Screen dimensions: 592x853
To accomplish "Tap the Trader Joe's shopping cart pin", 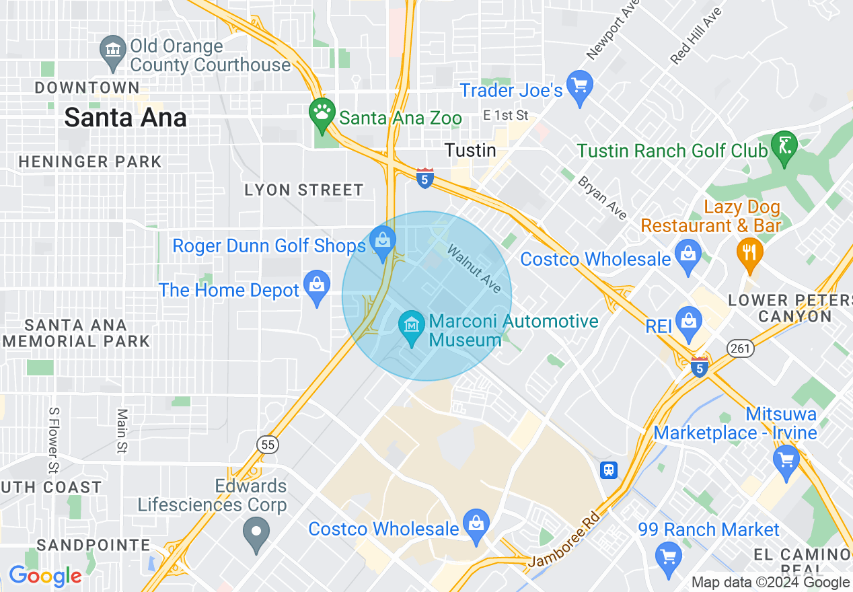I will (579, 85).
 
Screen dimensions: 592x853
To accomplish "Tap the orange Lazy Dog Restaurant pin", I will (749, 252).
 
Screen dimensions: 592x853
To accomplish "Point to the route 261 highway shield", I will (740, 348).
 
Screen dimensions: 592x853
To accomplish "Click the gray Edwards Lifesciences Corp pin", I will (256, 531).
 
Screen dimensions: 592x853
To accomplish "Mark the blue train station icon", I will (609, 469).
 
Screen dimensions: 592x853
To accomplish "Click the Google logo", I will (45, 576).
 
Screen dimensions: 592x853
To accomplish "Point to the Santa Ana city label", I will (125, 118).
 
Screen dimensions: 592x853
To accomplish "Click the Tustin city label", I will (470, 150).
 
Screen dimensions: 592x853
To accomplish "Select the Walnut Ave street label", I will (474, 269).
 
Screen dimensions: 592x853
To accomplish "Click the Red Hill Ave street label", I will (696, 36).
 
